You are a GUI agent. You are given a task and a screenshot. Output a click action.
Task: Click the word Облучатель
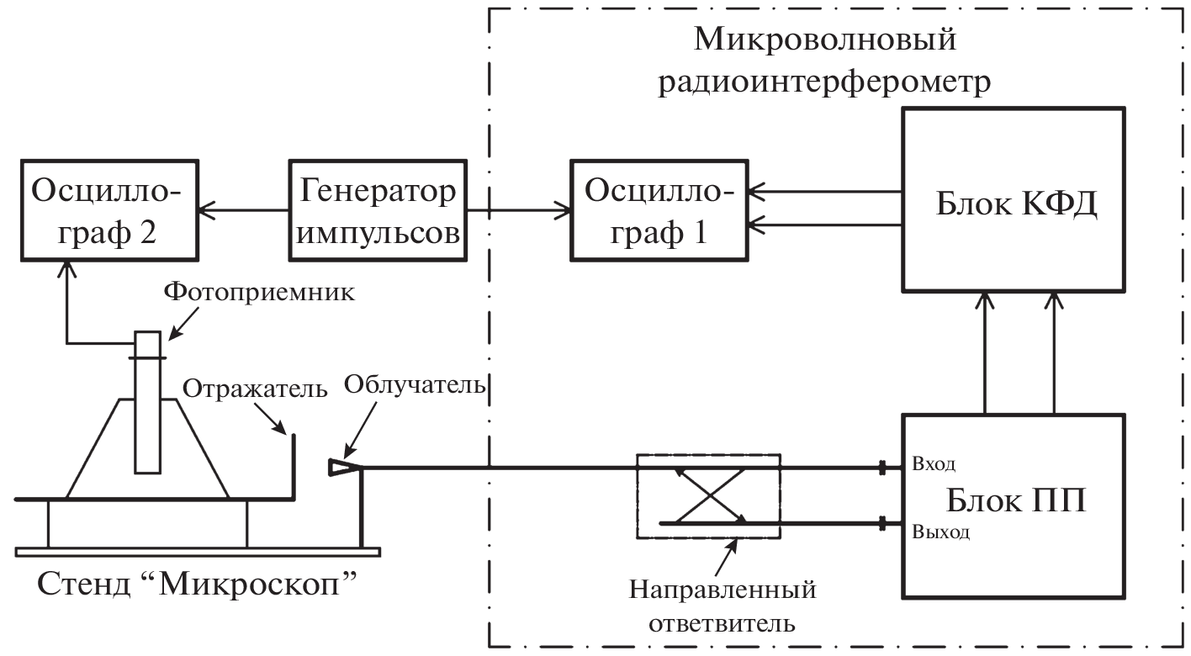tap(416, 385)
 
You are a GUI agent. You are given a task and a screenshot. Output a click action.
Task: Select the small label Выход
tap(940, 532)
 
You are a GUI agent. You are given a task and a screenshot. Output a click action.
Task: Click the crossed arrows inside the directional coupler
tap(709, 495)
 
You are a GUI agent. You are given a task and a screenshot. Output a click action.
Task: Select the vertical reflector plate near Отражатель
tap(294, 467)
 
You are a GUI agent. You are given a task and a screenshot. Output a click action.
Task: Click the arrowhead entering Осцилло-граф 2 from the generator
tap(204, 210)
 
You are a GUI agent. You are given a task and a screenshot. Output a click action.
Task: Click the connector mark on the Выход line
tap(882, 523)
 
